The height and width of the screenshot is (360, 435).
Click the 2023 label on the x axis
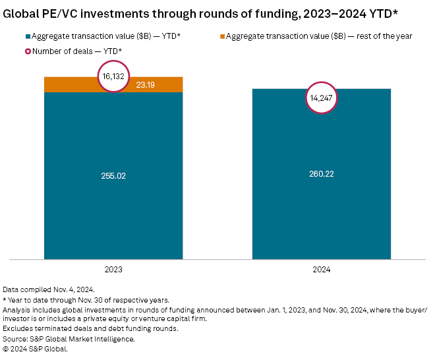click(x=113, y=270)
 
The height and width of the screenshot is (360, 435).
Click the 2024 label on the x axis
click(x=322, y=270)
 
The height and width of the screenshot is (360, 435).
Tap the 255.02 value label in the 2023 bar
click(x=113, y=175)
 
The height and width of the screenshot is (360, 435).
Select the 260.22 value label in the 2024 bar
click(x=322, y=174)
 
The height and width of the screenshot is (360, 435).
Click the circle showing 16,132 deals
click(x=113, y=76)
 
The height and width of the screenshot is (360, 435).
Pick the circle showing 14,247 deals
click(x=322, y=98)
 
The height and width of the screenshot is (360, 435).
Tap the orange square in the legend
click(x=221, y=36)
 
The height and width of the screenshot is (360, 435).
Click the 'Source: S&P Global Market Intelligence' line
click(x=69, y=339)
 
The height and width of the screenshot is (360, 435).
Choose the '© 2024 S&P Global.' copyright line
click(x=36, y=349)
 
